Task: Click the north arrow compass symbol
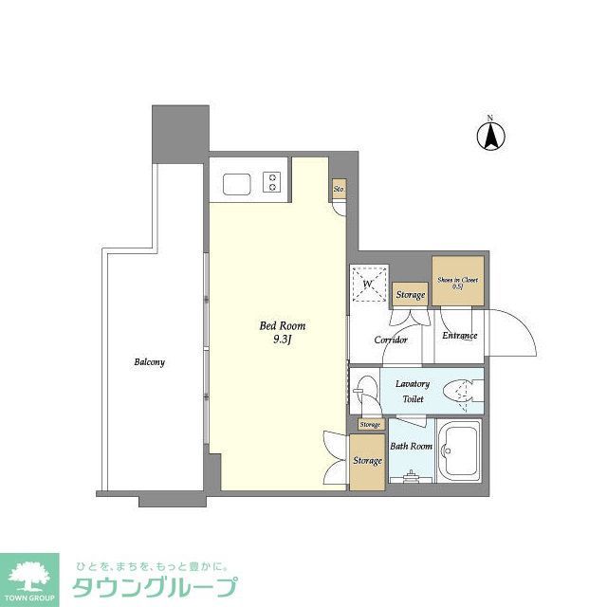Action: [490, 136]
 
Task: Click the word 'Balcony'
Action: [150, 362]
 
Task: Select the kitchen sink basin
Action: [234, 181]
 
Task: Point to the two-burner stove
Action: [272, 181]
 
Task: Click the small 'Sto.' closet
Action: [339, 190]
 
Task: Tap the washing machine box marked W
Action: [367, 283]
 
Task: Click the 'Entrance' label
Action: [459, 335]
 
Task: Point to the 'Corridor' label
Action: [391, 340]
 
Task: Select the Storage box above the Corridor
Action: [411, 295]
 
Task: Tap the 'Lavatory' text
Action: [413, 384]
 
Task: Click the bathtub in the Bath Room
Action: [461, 453]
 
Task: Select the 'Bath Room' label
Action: [412, 446]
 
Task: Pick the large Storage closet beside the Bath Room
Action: [367, 461]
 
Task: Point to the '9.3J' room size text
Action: [283, 340]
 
